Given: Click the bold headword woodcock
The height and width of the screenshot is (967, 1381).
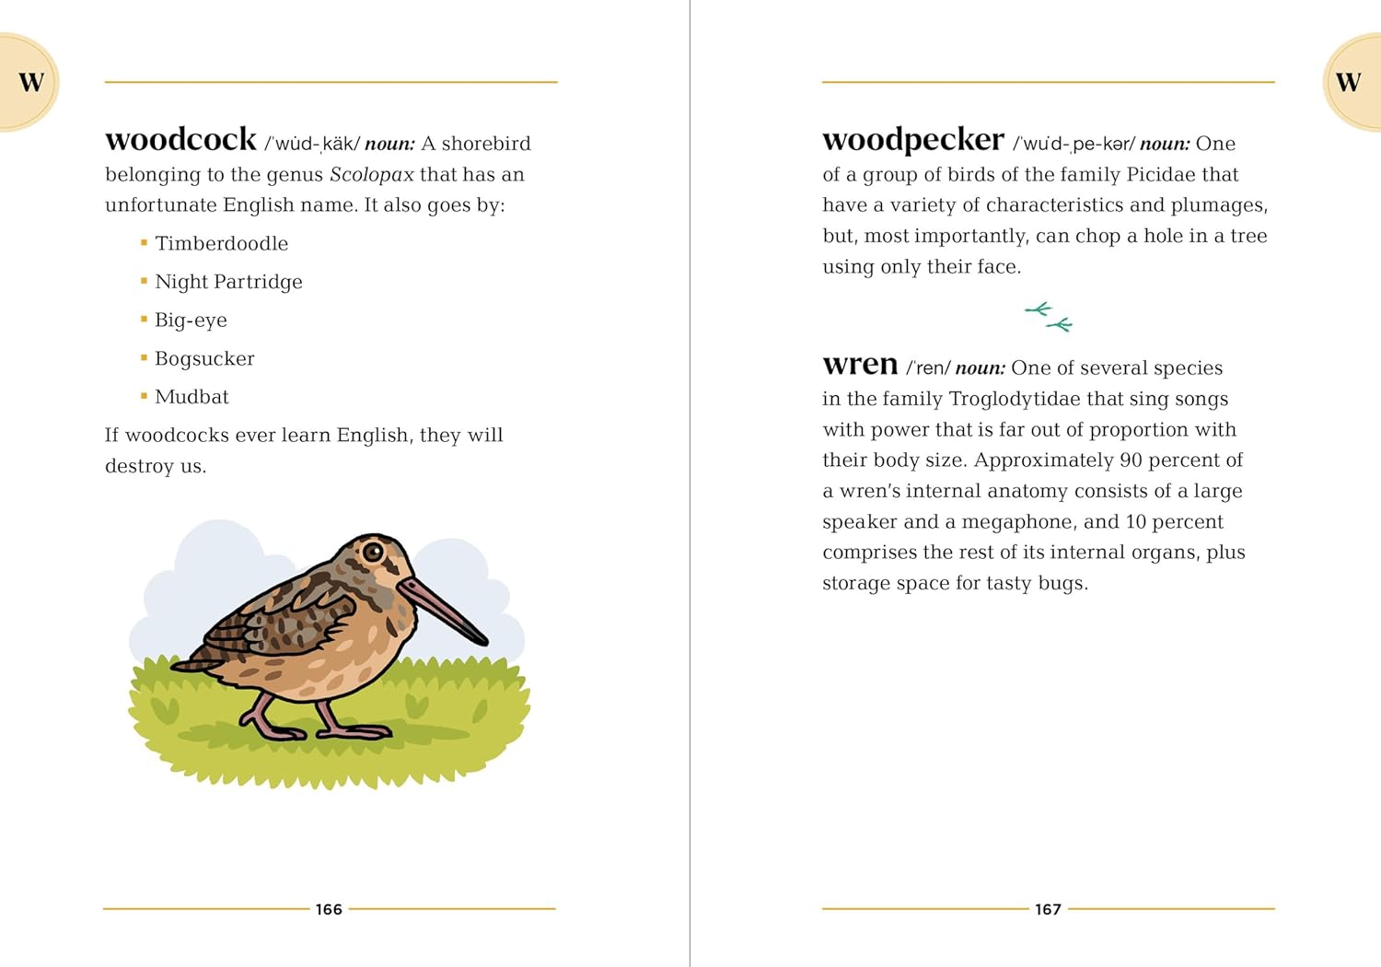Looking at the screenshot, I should (x=180, y=140).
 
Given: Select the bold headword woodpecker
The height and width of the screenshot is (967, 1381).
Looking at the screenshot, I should (x=912, y=140).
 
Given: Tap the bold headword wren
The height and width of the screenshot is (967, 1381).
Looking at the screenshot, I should (x=860, y=365).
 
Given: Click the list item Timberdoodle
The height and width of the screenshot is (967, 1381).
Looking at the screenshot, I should (x=221, y=244).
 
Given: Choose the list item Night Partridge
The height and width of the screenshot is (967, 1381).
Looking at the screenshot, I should (x=228, y=282).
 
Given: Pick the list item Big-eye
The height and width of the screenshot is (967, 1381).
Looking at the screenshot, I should (x=191, y=320).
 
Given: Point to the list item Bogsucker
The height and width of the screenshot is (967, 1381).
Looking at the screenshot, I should (x=204, y=359).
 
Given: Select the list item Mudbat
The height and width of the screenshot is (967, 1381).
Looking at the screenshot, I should (x=191, y=397).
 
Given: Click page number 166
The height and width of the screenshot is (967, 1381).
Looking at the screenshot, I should (x=329, y=910).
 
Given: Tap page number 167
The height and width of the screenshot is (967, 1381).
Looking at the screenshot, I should (x=1048, y=910).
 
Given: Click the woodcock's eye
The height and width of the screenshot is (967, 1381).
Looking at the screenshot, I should (x=373, y=552).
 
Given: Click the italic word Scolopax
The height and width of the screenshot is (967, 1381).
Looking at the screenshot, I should (x=372, y=175).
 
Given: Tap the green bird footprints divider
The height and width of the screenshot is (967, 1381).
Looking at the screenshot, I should (x=1049, y=317).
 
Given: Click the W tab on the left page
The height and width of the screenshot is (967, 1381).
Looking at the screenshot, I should (x=30, y=82).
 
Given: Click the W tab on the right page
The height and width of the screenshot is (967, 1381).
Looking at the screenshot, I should (x=1348, y=82).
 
